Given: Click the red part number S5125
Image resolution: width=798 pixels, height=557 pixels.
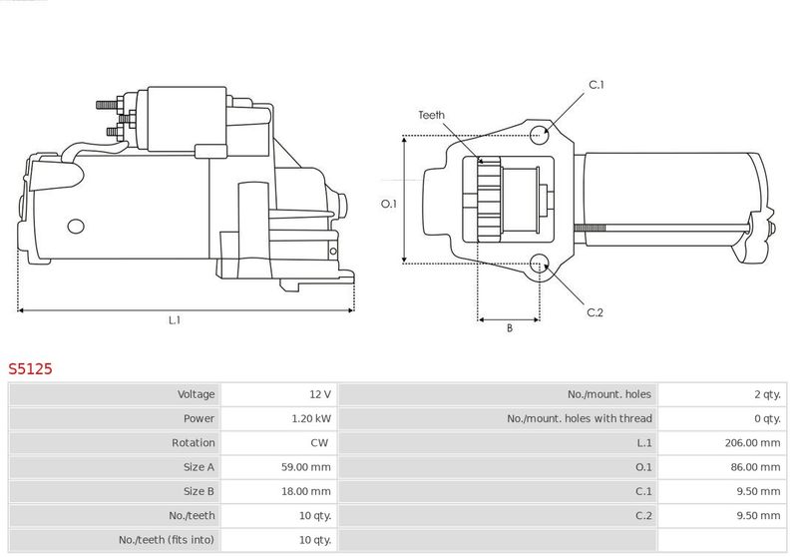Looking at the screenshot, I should (x=30, y=368).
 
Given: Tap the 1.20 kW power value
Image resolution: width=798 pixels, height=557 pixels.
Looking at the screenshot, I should (x=313, y=418).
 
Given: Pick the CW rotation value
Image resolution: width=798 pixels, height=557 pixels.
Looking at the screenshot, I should (x=319, y=442).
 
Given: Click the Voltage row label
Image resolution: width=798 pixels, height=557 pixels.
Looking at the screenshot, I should (x=196, y=394).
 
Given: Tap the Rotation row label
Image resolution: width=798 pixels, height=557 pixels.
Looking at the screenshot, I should (x=194, y=442).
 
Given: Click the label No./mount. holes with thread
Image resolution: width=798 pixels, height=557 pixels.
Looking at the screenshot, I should (x=579, y=418).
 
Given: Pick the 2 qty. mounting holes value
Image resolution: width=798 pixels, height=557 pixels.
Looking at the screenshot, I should (x=766, y=394).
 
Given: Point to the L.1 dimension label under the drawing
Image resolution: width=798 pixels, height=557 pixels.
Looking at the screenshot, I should (x=174, y=320).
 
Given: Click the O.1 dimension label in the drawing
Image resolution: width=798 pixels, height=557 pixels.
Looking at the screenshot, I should (x=390, y=204).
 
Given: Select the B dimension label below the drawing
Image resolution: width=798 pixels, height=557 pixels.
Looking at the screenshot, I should (x=509, y=327).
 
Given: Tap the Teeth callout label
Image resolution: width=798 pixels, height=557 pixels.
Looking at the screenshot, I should (x=431, y=115).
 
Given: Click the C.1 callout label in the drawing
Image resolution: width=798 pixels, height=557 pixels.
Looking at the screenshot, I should (x=597, y=85).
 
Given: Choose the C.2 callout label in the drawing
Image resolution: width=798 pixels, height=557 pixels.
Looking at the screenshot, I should (x=596, y=312).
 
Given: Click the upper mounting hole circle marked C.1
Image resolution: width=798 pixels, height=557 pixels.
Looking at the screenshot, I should (x=540, y=134).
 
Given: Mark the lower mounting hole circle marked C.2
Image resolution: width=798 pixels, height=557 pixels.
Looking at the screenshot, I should (x=540, y=264).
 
